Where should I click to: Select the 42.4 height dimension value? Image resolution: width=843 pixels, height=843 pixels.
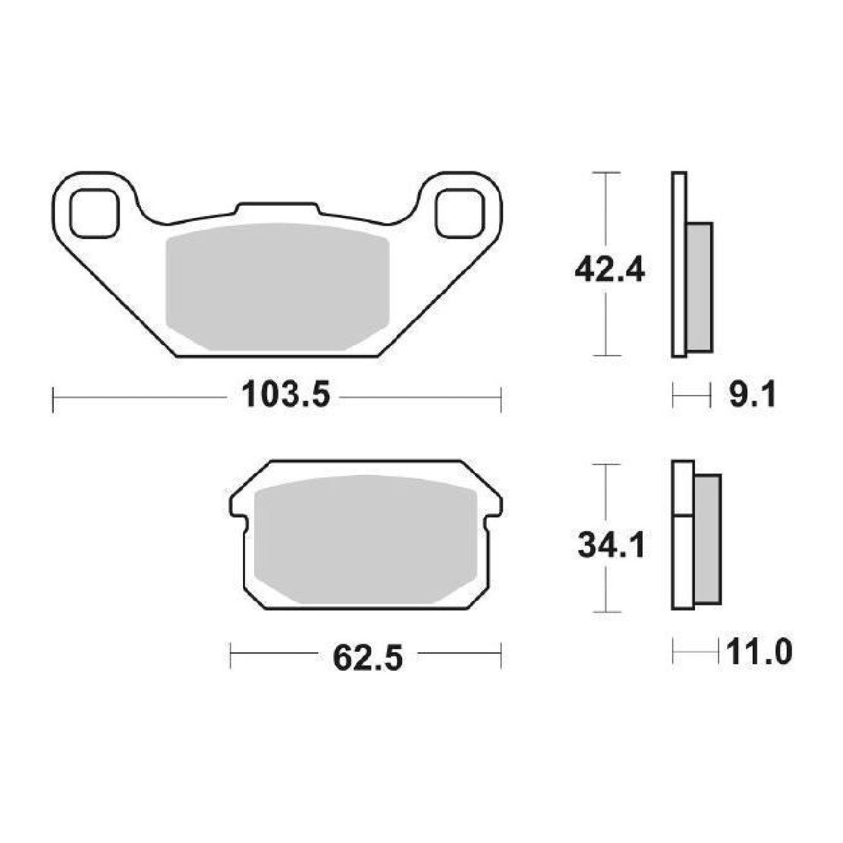pos(609,270)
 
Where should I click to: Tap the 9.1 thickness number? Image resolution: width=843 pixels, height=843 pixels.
pos(752,398)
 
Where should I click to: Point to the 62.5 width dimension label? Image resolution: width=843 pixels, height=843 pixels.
pos(368,656)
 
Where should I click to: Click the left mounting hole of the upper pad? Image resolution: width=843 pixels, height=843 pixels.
pos(94,212)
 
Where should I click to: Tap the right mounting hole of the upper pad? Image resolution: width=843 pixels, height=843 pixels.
pos(459,212)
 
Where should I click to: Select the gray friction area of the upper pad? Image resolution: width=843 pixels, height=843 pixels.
pos(278,286)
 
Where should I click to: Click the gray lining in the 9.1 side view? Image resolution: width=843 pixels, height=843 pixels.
pos(699,286)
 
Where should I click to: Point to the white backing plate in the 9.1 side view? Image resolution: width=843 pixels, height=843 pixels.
pos(679,264)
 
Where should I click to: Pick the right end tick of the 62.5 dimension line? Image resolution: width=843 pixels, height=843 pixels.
pos(501,656)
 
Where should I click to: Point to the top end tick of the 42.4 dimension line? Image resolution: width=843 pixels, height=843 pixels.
pos(608,172)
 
